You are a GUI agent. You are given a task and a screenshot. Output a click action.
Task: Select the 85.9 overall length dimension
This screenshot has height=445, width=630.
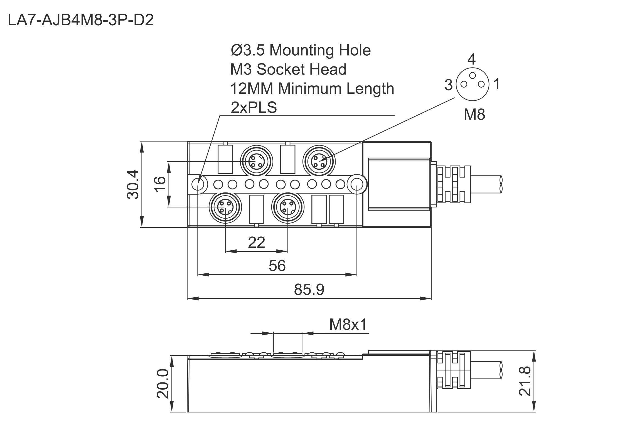[309, 290]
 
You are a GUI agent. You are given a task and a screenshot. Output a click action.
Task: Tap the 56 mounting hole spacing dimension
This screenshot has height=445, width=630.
[277, 266]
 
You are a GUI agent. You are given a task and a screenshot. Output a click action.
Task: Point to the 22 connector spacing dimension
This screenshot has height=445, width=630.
[256, 243]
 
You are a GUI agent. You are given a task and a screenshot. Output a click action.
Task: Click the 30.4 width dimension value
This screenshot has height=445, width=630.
[133, 184]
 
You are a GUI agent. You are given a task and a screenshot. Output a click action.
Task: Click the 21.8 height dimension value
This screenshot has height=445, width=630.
[525, 381]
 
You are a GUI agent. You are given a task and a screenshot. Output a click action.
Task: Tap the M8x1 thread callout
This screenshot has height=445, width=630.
[348, 324]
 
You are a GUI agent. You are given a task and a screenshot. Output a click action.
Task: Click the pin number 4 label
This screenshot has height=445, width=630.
[472, 59]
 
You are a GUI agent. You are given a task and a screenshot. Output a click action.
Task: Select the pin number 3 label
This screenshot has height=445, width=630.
[448, 85]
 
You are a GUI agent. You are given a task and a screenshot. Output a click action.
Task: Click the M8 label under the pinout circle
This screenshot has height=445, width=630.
[474, 114]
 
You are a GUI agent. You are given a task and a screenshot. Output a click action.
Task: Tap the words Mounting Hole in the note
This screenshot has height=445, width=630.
[320, 50]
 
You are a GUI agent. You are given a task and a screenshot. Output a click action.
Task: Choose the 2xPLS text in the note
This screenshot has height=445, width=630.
[254, 108]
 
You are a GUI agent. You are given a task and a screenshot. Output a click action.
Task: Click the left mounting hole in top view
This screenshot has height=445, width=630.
[198, 184]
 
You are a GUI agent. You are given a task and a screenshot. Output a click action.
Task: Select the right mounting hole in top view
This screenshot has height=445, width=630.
[357, 184]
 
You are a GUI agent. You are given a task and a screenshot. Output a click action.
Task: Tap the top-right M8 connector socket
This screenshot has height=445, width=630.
[319, 161]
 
